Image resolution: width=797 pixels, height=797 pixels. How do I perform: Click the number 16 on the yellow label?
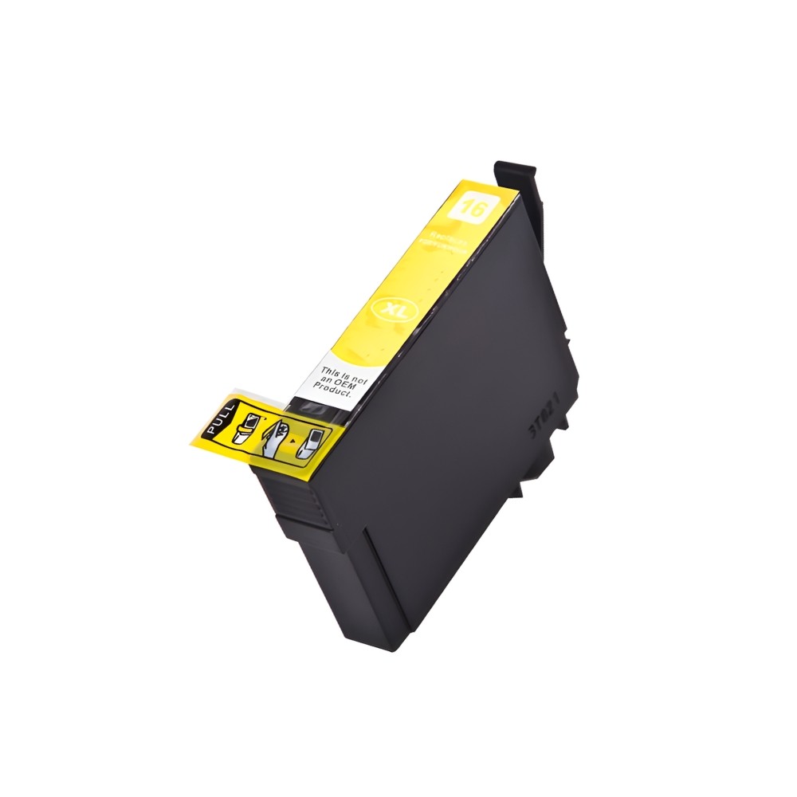pos(465,210)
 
